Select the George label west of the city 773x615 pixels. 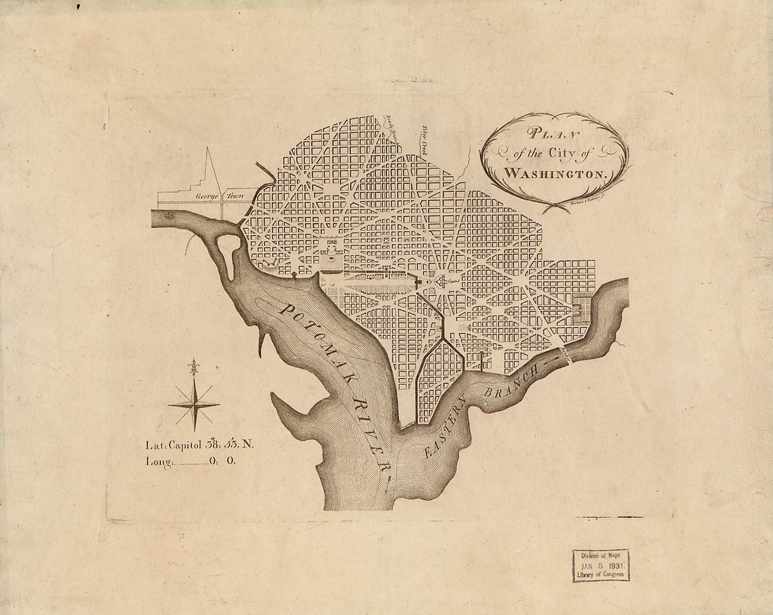207,197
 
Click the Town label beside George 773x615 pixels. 235,197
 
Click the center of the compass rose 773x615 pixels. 193,404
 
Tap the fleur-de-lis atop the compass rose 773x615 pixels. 193,367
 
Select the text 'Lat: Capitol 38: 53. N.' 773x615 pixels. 204,445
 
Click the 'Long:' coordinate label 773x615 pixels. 158,462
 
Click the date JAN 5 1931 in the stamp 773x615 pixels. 601,565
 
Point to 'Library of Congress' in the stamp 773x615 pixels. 601,574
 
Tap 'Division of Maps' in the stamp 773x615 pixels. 601,556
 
